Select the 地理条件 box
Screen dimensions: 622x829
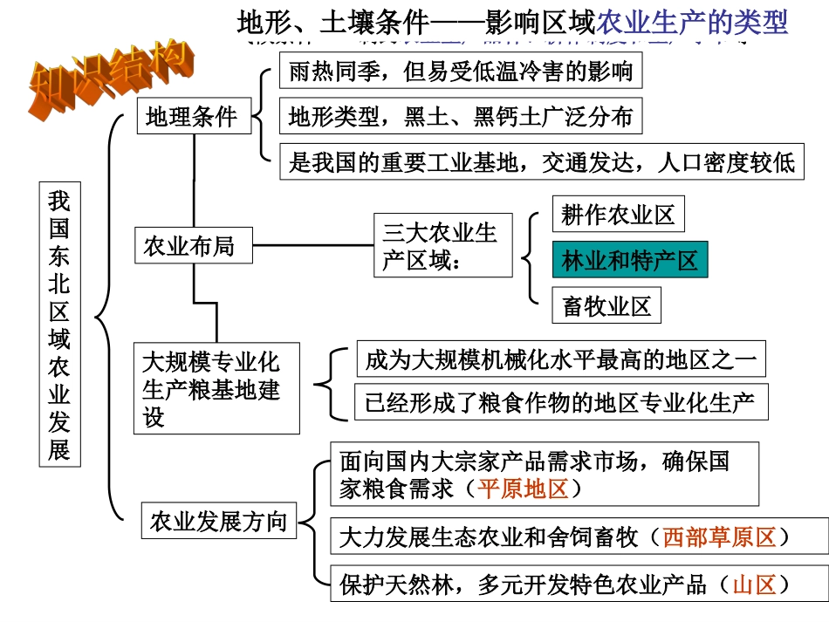point(191,117)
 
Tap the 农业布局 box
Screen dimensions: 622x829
point(189,246)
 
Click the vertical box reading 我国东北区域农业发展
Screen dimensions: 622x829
point(59,324)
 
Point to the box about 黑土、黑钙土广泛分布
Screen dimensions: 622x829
point(461,116)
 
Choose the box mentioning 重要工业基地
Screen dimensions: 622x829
point(541,162)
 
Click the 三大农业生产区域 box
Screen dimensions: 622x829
point(442,246)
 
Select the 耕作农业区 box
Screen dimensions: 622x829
point(618,215)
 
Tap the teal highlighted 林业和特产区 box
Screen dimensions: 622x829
point(629,260)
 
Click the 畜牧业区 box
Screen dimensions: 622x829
point(606,306)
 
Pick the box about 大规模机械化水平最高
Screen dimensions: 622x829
point(560,359)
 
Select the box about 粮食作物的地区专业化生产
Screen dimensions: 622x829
point(560,402)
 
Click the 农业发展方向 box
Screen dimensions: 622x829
point(218,522)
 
